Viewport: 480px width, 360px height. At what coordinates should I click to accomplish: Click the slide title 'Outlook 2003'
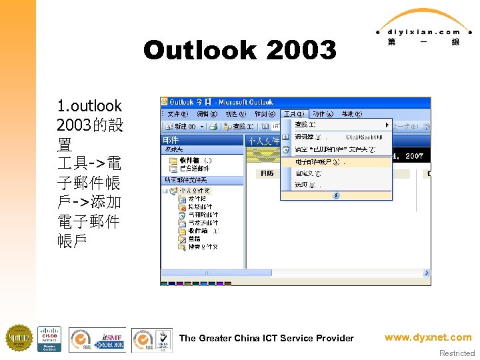[x=240, y=50]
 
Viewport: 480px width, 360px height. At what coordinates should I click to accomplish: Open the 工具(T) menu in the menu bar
[x=293, y=113]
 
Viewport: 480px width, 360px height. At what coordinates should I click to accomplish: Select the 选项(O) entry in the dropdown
[x=305, y=185]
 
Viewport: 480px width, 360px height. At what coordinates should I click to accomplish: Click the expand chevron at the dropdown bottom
[x=336, y=195]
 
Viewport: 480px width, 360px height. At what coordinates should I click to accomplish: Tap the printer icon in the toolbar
[x=213, y=125]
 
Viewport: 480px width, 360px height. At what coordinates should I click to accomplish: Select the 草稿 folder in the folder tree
[x=195, y=239]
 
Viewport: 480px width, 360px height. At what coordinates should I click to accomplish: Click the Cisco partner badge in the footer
[x=49, y=339]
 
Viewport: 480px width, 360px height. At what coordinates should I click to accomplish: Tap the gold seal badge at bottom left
[x=19, y=339]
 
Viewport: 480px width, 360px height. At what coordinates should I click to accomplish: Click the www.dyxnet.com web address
[x=428, y=337]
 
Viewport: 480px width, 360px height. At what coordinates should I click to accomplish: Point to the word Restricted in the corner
[x=457, y=353]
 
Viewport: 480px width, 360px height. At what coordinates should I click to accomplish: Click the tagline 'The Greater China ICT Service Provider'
[x=266, y=338]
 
